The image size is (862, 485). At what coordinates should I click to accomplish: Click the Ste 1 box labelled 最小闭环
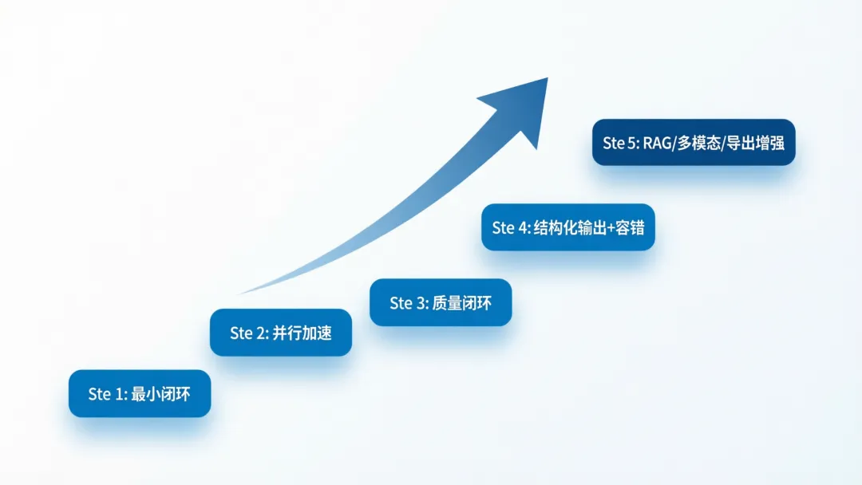pos(140,393)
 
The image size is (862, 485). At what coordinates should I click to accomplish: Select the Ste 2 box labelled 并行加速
pos(281,333)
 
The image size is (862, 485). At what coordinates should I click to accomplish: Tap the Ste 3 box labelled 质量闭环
pos(441,302)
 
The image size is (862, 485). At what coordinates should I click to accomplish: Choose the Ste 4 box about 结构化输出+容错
pos(567,227)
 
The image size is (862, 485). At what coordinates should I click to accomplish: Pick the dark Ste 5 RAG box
pos(694,143)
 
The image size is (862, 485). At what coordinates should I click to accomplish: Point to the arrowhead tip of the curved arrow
pos(547,79)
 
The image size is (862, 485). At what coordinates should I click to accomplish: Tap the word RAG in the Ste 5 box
pos(658,143)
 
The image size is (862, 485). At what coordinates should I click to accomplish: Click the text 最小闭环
pos(160,393)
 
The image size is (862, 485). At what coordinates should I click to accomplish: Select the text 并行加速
pos(302,333)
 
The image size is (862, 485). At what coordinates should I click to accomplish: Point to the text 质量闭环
pos(461,302)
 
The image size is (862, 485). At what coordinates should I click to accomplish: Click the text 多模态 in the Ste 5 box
pos(702,143)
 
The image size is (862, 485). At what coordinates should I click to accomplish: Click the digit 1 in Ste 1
pos(120,393)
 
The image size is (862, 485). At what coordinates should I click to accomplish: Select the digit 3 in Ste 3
pos(421,302)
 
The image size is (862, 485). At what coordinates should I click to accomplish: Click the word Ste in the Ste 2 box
pos(241,333)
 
